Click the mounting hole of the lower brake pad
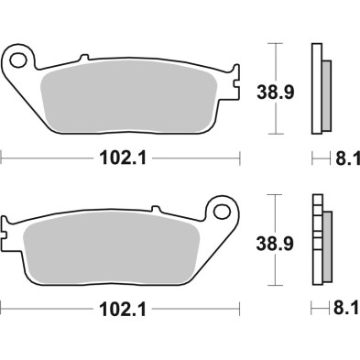220,213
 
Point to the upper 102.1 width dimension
120,158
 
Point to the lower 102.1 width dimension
120,309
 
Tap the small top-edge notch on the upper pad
87,60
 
